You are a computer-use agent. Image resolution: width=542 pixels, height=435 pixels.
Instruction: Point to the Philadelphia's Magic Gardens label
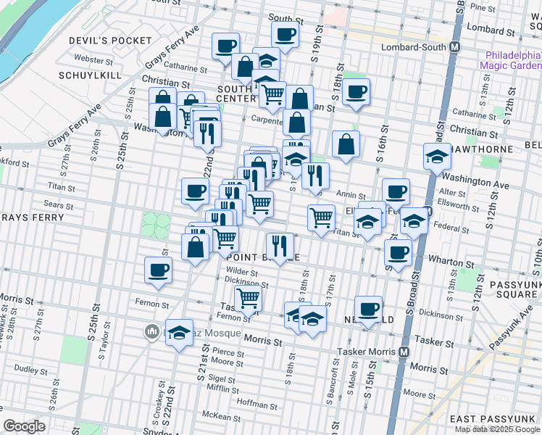tap(510, 59)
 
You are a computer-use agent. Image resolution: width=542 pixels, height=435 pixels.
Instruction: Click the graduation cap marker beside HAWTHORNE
tap(437, 156)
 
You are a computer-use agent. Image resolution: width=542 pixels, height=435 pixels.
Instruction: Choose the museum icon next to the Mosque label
tap(152, 332)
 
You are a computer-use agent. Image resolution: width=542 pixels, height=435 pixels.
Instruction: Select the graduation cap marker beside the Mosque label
tap(180, 333)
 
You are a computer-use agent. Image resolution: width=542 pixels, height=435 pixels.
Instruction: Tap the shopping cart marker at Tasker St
tap(248, 297)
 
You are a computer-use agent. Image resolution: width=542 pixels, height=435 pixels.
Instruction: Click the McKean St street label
tap(221, 417)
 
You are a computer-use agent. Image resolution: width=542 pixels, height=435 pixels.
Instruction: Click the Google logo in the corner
tap(25, 426)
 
